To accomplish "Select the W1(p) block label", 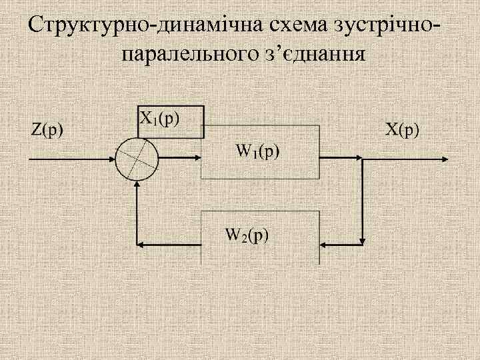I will pos(259,151).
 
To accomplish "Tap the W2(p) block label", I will pos(247,235).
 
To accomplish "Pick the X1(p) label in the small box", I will pos(159,119).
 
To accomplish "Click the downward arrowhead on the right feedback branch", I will pos(362,237).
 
